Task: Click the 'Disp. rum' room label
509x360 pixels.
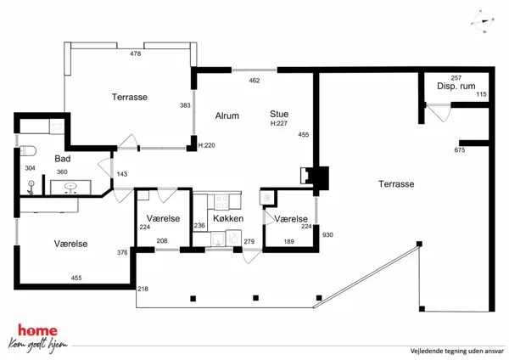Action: [454, 87]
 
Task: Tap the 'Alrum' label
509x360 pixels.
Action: [227, 115]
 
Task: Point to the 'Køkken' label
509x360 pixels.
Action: [228, 219]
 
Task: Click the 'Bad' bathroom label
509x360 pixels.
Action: [63, 159]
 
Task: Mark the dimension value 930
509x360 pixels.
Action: [327, 235]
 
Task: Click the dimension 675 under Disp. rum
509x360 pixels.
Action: [460, 150]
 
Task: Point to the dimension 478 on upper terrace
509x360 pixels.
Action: [135, 53]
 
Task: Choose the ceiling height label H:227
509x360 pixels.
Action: [277, 124]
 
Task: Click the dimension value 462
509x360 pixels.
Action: [254, 81]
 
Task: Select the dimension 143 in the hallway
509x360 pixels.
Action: [121, 174]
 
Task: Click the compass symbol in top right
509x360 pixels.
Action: [485, 21]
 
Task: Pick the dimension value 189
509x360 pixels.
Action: [289, 242]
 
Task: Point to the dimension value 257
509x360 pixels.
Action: [456, 77]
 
